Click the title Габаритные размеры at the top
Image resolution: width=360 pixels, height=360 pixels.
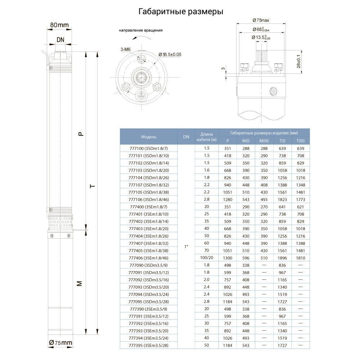[x=181, y=12]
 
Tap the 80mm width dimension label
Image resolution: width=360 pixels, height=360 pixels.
[x=59, y=25]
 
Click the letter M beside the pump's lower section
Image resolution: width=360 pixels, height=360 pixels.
[x=80, y=284]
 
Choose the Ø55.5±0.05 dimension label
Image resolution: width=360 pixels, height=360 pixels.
[x=170, y=54]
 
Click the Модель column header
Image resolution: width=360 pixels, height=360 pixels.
[x=149, y=137]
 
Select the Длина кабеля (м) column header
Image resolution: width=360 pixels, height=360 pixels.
[x=207, y=137]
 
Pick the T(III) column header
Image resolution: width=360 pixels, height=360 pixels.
[x=300, y=141]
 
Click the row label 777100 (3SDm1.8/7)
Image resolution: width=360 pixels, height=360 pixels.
[x=149, y=148]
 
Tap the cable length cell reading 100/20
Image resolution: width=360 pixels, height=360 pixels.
[x=207, y=258]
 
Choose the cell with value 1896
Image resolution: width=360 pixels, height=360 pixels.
[x=282, y=258]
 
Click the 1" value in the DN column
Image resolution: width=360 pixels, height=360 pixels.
[x=186, y=247]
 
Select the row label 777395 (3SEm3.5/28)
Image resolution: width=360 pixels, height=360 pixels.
[x=149, y=346]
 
